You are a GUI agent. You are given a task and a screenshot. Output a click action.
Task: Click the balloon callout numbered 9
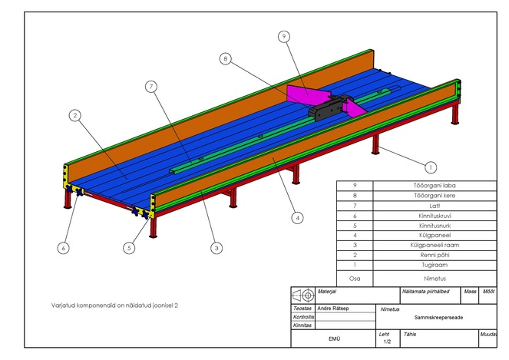pos(284,37)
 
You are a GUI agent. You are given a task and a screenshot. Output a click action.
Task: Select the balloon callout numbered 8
pos(226,59)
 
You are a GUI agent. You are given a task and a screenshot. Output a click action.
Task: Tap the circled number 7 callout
pos(151,87)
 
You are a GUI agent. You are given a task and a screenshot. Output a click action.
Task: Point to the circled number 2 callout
pos(75,115)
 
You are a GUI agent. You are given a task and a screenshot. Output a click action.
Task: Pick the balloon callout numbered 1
pos(431,167)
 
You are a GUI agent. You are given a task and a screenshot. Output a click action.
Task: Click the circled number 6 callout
pos(63,249)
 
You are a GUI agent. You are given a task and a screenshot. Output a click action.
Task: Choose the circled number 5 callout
pos(129,249)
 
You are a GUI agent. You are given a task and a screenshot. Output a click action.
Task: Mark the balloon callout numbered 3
pos(216,249)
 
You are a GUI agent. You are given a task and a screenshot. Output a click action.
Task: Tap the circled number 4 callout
pos(298,218)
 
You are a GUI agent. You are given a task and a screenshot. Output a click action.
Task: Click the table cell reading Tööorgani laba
pos(435,186)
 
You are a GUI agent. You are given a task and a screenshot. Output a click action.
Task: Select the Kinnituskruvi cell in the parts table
pos(435,216)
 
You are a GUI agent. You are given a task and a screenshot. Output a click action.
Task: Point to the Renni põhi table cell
pos(435,255)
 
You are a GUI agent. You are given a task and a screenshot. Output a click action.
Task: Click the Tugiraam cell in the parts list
pos(435,266)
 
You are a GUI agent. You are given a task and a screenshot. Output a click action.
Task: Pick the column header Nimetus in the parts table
pos(435,279)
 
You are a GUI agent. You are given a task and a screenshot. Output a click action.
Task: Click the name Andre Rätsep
pos(332,309)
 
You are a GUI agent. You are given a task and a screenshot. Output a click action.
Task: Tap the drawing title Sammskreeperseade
pos(438,318)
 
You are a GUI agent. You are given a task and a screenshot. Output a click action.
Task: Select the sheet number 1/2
pos(387,342)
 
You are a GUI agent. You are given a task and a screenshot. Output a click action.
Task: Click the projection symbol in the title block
pos(303,296)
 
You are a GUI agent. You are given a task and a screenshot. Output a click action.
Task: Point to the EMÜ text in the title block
pos(334,339)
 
